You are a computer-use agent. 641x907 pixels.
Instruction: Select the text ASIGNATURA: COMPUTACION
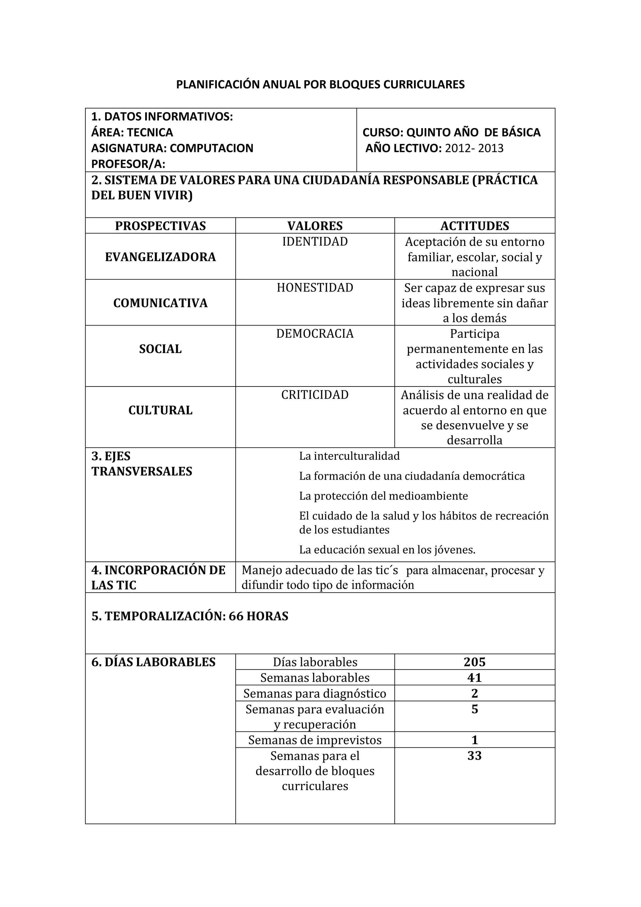click(172, 148)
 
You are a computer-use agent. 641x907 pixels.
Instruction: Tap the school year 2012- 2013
click(474, 148)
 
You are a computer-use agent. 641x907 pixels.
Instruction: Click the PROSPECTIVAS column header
click(160, 226)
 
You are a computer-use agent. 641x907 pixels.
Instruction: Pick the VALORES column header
click(315, 226)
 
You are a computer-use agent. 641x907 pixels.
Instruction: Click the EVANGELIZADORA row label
click(160, 257)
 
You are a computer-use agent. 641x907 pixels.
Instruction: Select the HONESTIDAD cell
click(315, 288)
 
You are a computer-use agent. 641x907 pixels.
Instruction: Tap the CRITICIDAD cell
click(315, 395)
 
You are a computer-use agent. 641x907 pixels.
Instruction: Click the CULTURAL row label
click(160, 410)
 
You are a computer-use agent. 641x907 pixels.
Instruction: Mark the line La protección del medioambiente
click(383, 496)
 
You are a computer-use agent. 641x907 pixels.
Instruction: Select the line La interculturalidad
click(349, 456)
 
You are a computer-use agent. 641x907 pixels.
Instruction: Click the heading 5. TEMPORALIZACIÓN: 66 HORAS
click(190, 616)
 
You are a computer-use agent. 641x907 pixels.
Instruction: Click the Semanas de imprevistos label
click(315, 740)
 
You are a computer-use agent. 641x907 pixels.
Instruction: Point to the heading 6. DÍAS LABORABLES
click(153, 662)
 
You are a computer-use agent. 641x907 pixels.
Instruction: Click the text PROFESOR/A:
click(128, 164)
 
